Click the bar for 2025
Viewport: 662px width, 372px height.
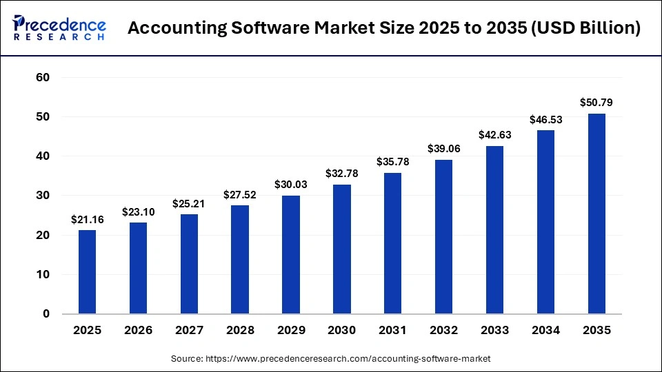(x=87, y=272)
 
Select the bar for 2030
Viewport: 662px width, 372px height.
(x=342, y=249)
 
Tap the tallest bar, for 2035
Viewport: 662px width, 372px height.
(x=596, y=214)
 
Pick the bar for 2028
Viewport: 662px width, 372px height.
(x=240, y=260)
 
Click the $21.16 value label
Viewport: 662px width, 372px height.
(x=87, y=220)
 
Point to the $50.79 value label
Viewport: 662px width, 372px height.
(x=596, y=103)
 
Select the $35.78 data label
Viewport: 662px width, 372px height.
(x=393, y=162)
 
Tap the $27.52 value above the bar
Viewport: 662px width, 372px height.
(x=240, y=194)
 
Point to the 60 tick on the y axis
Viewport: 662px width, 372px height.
(x=43, y=78)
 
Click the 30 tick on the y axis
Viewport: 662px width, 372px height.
(x=43, y=196)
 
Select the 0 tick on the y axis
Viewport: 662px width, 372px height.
(x=46, y=314)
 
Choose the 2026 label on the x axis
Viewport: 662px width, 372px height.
(x=138, y=331)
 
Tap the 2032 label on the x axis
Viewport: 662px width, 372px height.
(x=443, y=331)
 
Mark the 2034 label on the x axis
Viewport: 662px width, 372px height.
(x=545, y=331)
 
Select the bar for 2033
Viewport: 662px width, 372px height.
(x=494, y=230)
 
